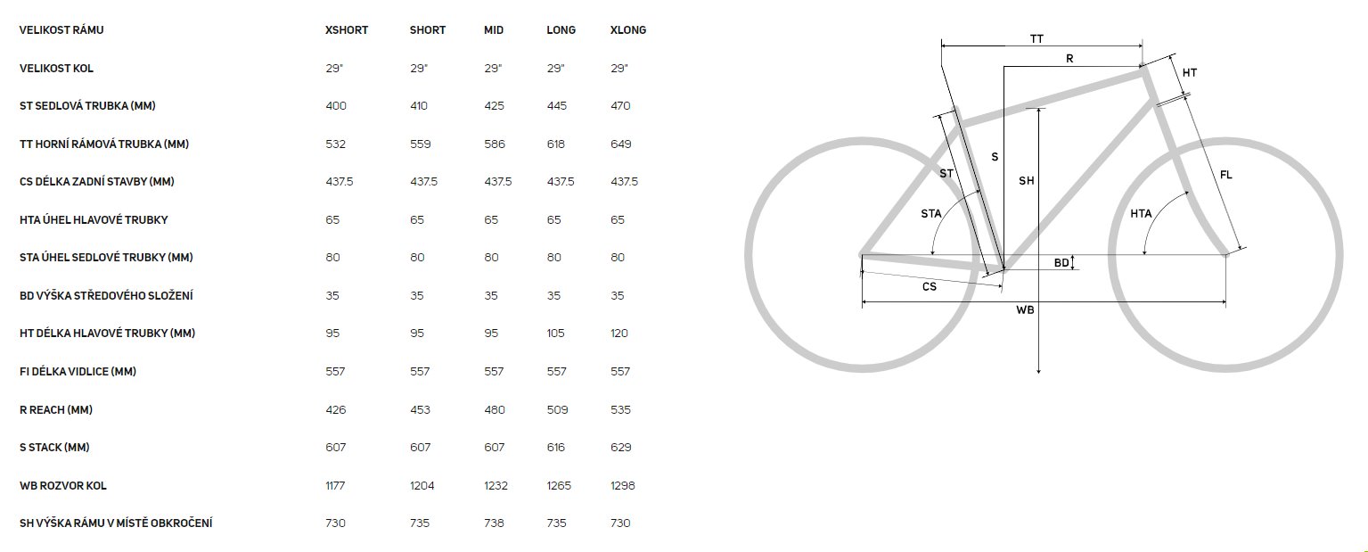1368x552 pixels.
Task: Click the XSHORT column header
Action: point(347,30)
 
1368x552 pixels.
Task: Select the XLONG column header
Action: point(627,30)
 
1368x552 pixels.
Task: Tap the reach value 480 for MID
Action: point(495,409)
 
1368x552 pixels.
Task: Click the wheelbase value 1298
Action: point(622,485)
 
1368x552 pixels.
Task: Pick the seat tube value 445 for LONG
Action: point(556,106)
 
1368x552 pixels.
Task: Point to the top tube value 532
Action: point(335,144)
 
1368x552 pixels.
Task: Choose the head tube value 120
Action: point(619,334)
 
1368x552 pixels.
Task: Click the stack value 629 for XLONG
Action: point(620,448)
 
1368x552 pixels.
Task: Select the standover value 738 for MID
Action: point(494,523)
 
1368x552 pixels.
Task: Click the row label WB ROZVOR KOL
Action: point(63,486)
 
